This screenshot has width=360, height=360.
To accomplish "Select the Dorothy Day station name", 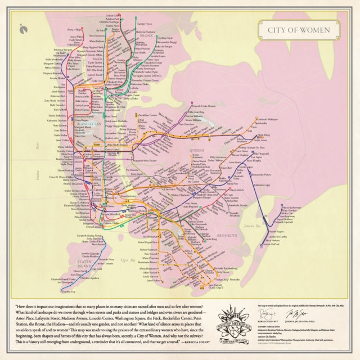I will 68,292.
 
